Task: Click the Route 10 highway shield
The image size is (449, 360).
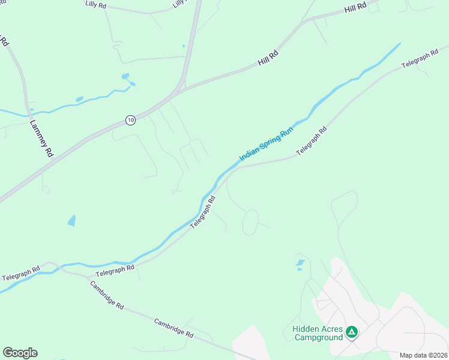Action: click(130, 120)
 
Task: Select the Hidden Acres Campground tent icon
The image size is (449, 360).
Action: click(352, 331)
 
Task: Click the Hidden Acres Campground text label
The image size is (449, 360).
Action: click(318, 333)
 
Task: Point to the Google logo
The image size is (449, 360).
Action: click(20, 353)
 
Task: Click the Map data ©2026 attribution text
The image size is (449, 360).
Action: click(423, 355)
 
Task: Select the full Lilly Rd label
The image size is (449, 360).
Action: click(95, 4)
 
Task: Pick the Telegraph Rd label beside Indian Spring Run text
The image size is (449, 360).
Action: click(311, 141)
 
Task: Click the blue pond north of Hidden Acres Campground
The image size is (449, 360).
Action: click(300, 264)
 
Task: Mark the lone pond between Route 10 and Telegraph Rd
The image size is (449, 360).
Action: click(72, 220)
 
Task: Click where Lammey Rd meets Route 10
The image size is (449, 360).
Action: click(53, 160)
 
